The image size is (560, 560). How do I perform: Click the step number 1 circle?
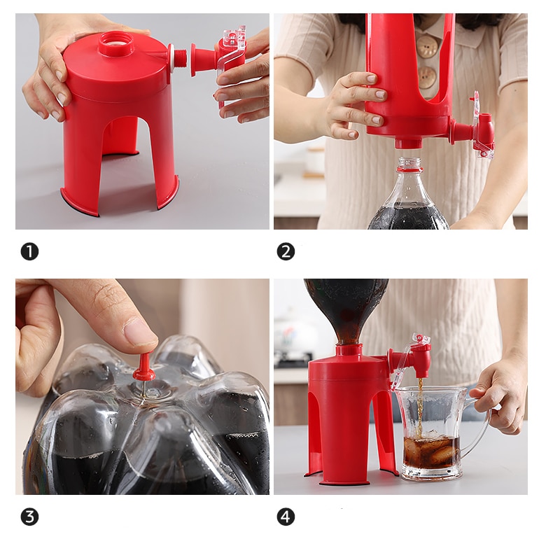[x=29, y=252]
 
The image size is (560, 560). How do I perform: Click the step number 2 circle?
[x=286, y=252]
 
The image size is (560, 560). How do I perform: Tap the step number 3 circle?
[x=29, y=517]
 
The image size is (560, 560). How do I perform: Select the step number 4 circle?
[x=286, y=517]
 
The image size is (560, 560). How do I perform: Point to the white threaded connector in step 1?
[x=178, y=59]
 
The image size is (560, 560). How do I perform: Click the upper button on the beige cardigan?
[x=426, y=46]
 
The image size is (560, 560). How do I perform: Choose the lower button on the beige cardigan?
[x=428, y=77]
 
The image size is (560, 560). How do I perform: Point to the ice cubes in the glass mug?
[x=432, y=449]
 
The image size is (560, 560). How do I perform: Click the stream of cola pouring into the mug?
[x=421, y=407]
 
